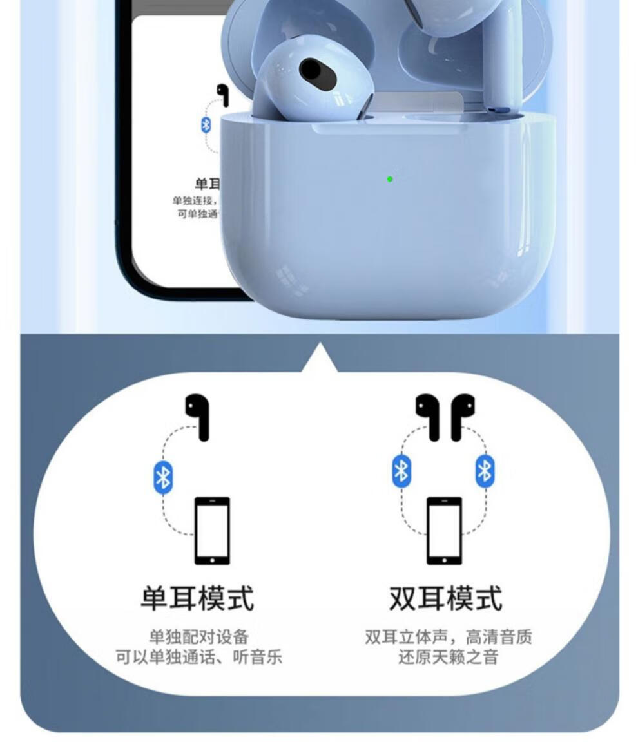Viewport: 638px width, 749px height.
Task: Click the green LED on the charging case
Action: [390, 179]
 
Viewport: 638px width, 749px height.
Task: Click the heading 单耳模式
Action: [197, 598]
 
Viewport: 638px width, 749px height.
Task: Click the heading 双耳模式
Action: [445, 598]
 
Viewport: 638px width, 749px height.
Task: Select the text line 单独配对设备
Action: [198, 637]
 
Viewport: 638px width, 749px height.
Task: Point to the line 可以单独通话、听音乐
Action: [198, 657]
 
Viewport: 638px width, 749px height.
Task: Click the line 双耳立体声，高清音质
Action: [448, 637]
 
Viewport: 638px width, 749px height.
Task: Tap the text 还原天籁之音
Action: [448, 658]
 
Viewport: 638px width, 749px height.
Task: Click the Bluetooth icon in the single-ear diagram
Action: [163, 478]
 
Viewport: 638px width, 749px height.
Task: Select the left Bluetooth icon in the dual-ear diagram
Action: [401, 471]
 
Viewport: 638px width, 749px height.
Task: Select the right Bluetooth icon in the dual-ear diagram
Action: [485, 471]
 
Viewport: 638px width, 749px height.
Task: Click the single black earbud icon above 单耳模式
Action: [198, 416]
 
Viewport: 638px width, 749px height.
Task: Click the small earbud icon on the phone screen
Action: [223, 94]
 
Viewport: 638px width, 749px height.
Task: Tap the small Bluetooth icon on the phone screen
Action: [206, 124]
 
